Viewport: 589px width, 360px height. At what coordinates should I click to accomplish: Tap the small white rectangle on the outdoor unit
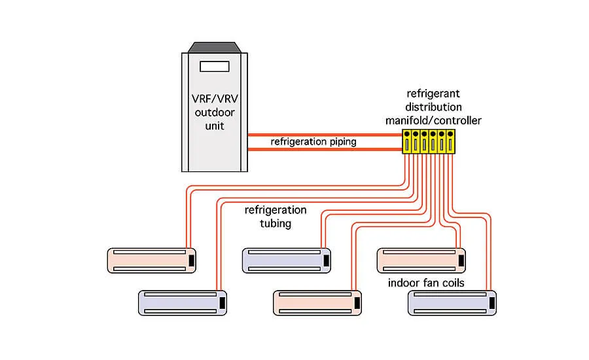[x=215, y=66]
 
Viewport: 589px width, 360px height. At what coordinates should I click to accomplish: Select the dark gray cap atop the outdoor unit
[x=215, y=47]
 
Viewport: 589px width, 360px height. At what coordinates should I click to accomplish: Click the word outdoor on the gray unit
[x=214, y=113]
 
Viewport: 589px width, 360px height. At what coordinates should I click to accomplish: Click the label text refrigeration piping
[x=313, y=141]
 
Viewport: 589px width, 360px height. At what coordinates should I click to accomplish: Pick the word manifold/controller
[x=433, y=120]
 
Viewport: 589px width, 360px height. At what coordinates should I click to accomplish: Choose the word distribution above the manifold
[x=433, y=107]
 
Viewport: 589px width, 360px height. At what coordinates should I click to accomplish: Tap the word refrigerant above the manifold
[x=433, y=94]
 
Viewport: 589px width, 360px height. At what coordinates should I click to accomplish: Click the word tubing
[x=275, y=223]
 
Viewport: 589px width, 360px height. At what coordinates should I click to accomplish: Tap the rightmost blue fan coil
[x=452, y=304]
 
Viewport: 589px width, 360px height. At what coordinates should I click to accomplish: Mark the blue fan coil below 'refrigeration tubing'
[x=286, y=260]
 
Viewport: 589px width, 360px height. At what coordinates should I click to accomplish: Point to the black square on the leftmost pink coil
[x=191, y=260]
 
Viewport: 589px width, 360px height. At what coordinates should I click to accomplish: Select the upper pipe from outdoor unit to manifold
[x=324, y=134]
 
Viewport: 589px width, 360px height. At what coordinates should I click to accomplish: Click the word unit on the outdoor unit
[x=214, y=125]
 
